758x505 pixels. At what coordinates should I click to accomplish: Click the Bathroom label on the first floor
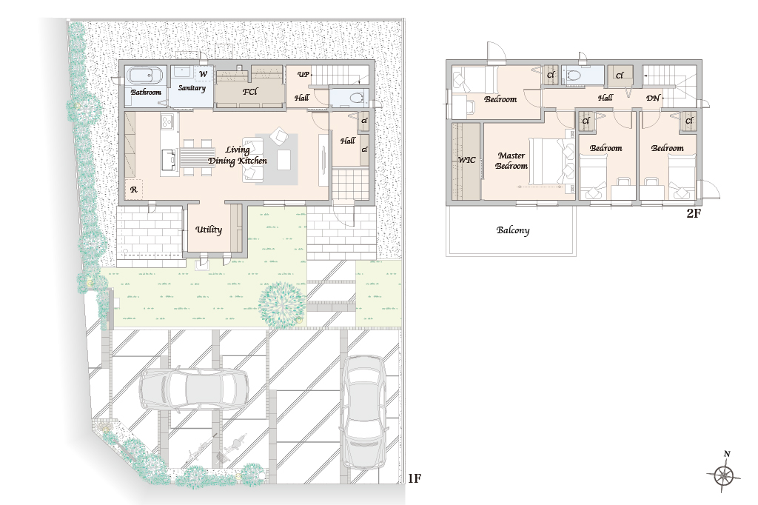click(x=146, y=92)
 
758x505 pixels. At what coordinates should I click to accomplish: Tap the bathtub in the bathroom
click(x=146, y=76)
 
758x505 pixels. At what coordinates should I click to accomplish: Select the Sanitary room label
click(x=192, y=88)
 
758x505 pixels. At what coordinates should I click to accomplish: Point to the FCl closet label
click(x=250, y=91)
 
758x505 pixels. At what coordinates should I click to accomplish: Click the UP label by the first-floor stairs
click(x=303, y=74)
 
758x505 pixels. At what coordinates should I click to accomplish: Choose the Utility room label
click(x=209, y=230)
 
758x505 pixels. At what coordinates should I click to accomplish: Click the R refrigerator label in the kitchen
click(x=134, y=190)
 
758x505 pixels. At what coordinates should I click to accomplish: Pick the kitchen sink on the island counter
click(x=169, y=160)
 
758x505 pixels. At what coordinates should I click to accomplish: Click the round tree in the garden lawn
click(x=282, y=304)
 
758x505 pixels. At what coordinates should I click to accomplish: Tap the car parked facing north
click(x=363, y=412)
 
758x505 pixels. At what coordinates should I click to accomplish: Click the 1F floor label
click(x=415, y=478)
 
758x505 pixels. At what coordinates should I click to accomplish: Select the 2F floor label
click(x=693, y=213)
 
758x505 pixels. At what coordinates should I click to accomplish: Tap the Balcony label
click(x=513, y=230)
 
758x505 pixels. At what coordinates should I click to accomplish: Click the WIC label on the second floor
click(x=466, y=160)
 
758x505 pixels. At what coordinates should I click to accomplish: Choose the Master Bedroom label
click(x=512, y=161)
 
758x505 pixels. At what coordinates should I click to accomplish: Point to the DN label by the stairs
click(x=653, y=98)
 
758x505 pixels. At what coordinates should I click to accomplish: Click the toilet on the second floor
click(x=575, y=76)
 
